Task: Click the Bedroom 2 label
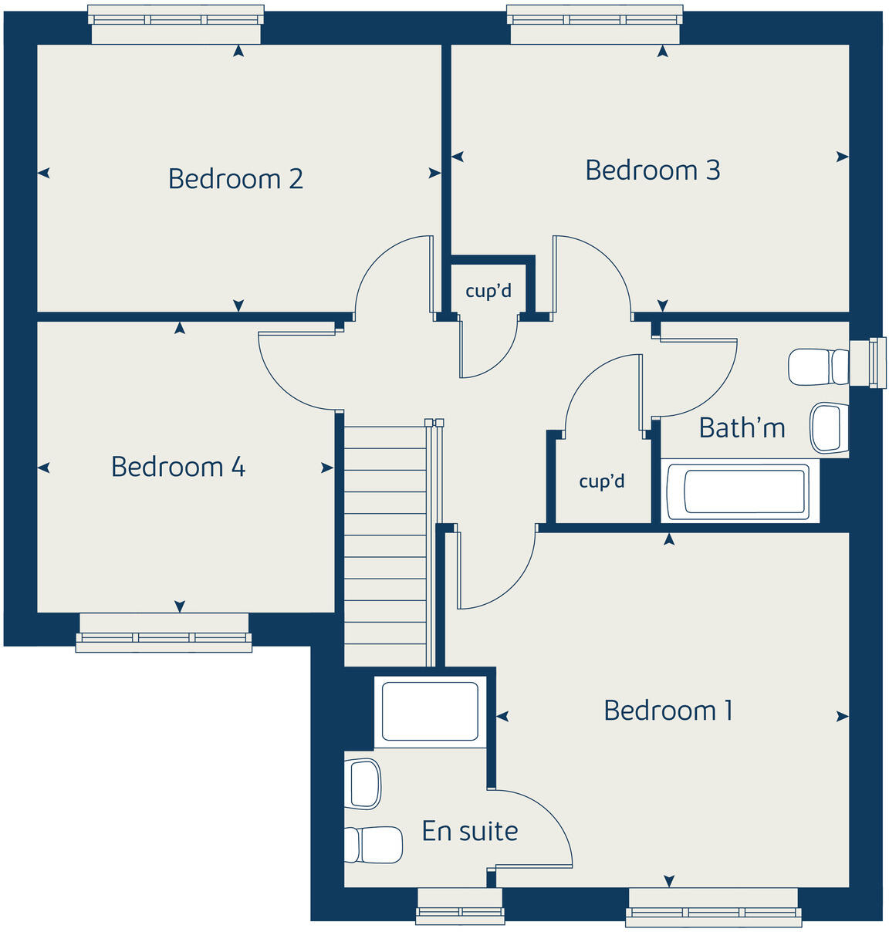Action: coord(235,179)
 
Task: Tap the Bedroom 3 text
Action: coord(652,171)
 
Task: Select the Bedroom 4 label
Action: coord(178,467)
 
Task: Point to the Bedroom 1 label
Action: coord(668,711)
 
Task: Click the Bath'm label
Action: coord(742,427)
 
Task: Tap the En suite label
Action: coord(470,831)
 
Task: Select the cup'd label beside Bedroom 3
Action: coord(488,291)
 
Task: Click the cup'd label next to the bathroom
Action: coord(602,481)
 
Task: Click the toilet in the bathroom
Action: coord(818,366)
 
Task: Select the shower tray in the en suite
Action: coord(430,711)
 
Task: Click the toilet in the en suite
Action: coord(374,845)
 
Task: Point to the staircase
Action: coord(385,540)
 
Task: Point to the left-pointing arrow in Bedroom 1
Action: coord(502,717)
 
